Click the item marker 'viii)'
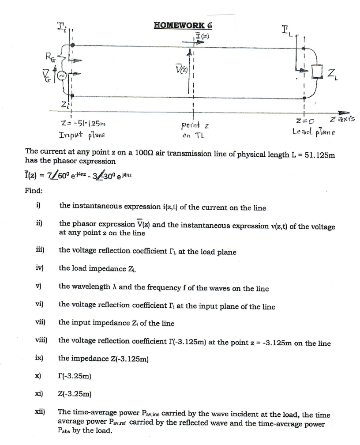tap(41, 340)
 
